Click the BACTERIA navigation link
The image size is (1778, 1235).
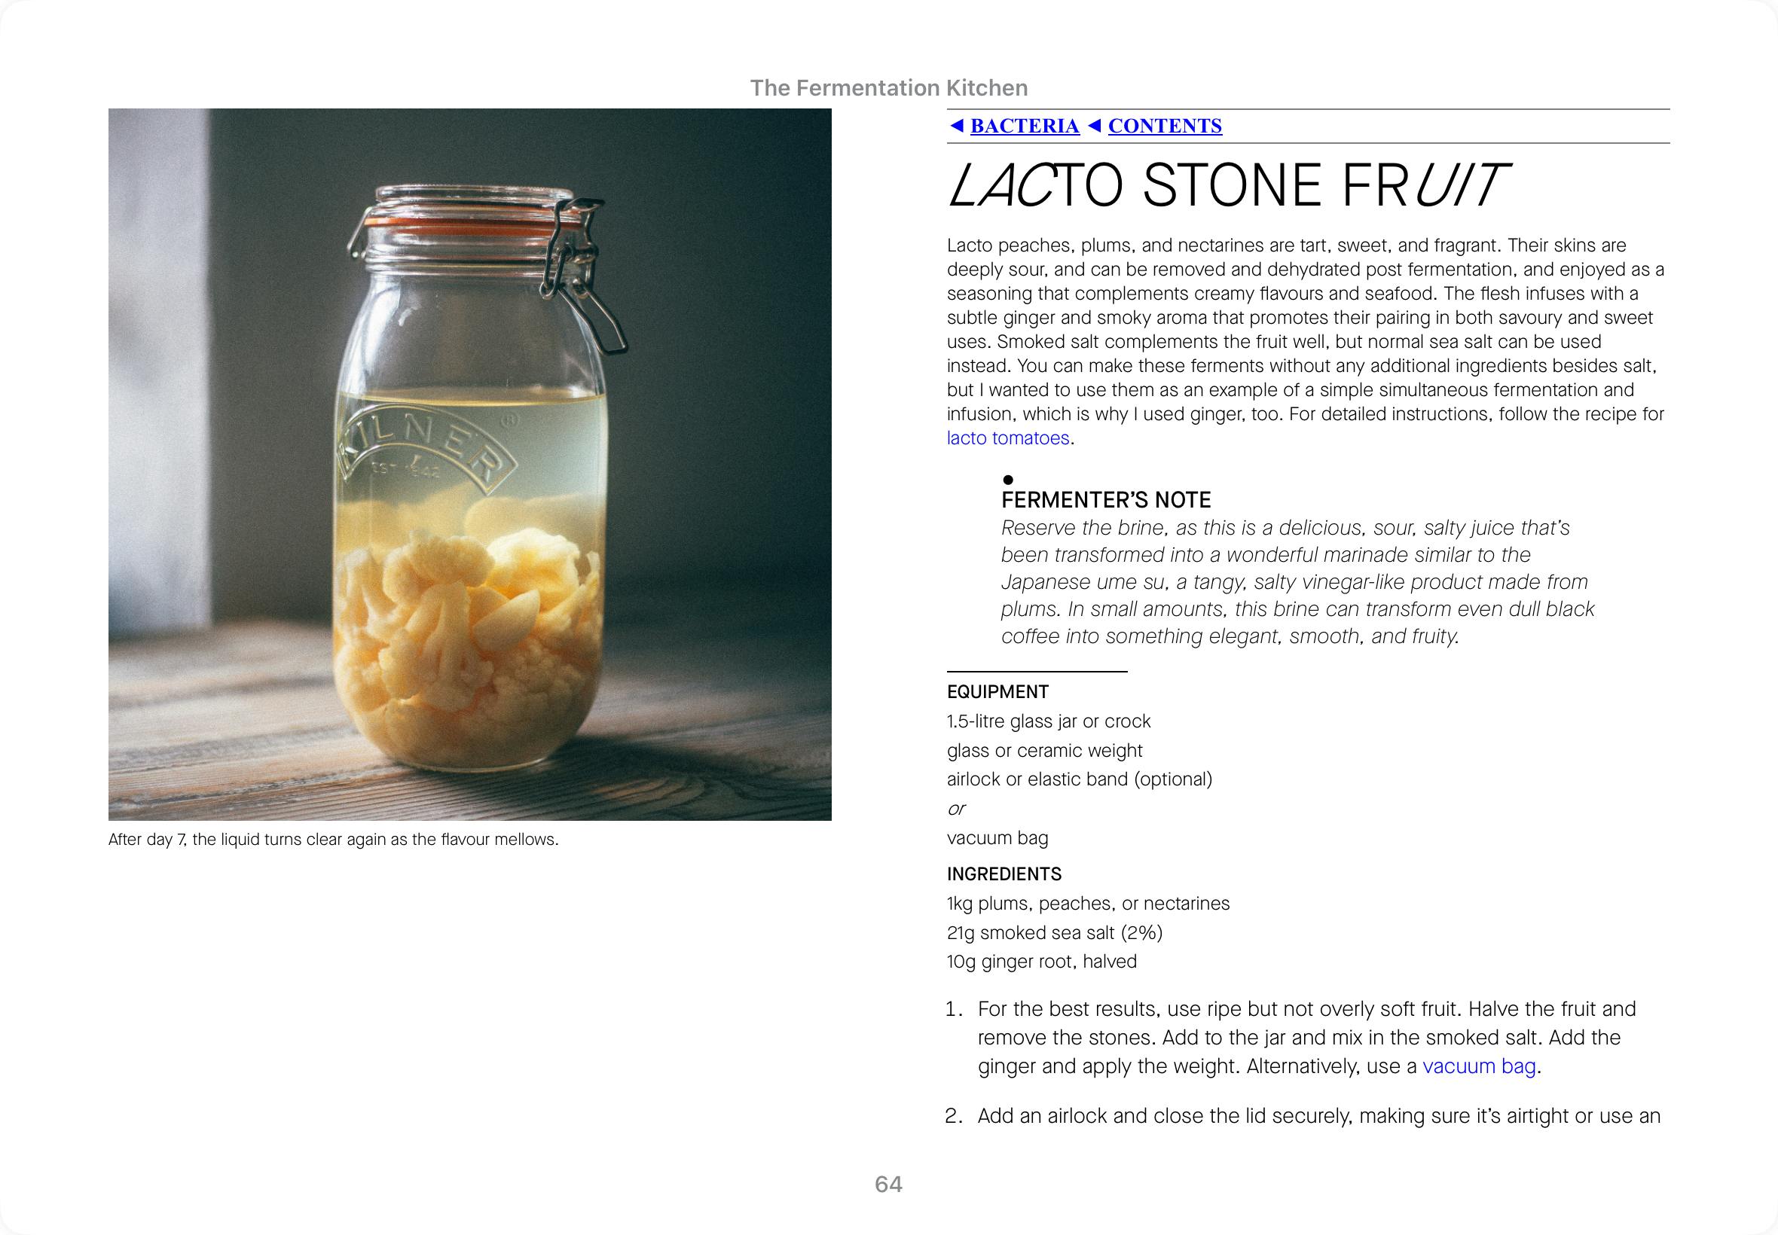[x=1024, y=126]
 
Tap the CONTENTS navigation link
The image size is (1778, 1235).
[x=1164, y=126]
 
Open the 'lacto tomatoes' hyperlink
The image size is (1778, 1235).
[x=1008, y=439]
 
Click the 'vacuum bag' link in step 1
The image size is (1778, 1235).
[x=1478, y=1066]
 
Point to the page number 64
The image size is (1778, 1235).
[x=887, y=1184]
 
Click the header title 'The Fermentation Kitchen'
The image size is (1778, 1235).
[x=888, y=88]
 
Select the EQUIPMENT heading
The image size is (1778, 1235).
[x=997, y=692]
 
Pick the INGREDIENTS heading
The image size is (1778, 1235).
[x=1004, y=874]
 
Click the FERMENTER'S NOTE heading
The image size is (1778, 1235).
[x=1105, y=500]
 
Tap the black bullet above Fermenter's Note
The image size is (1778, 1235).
[x=1008, y=480]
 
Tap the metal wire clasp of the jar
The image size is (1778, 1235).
[x=588, y=279]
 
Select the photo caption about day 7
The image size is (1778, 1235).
[x=333, y=840]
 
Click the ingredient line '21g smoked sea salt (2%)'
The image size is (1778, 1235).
[x=1054, y=933]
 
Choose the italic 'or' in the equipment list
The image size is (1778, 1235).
[x=956, y=809]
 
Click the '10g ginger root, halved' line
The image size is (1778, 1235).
[x=1041, y=962]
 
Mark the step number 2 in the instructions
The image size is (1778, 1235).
[x=954, y=1116]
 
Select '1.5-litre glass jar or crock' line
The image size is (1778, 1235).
[x=1048, y=721]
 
